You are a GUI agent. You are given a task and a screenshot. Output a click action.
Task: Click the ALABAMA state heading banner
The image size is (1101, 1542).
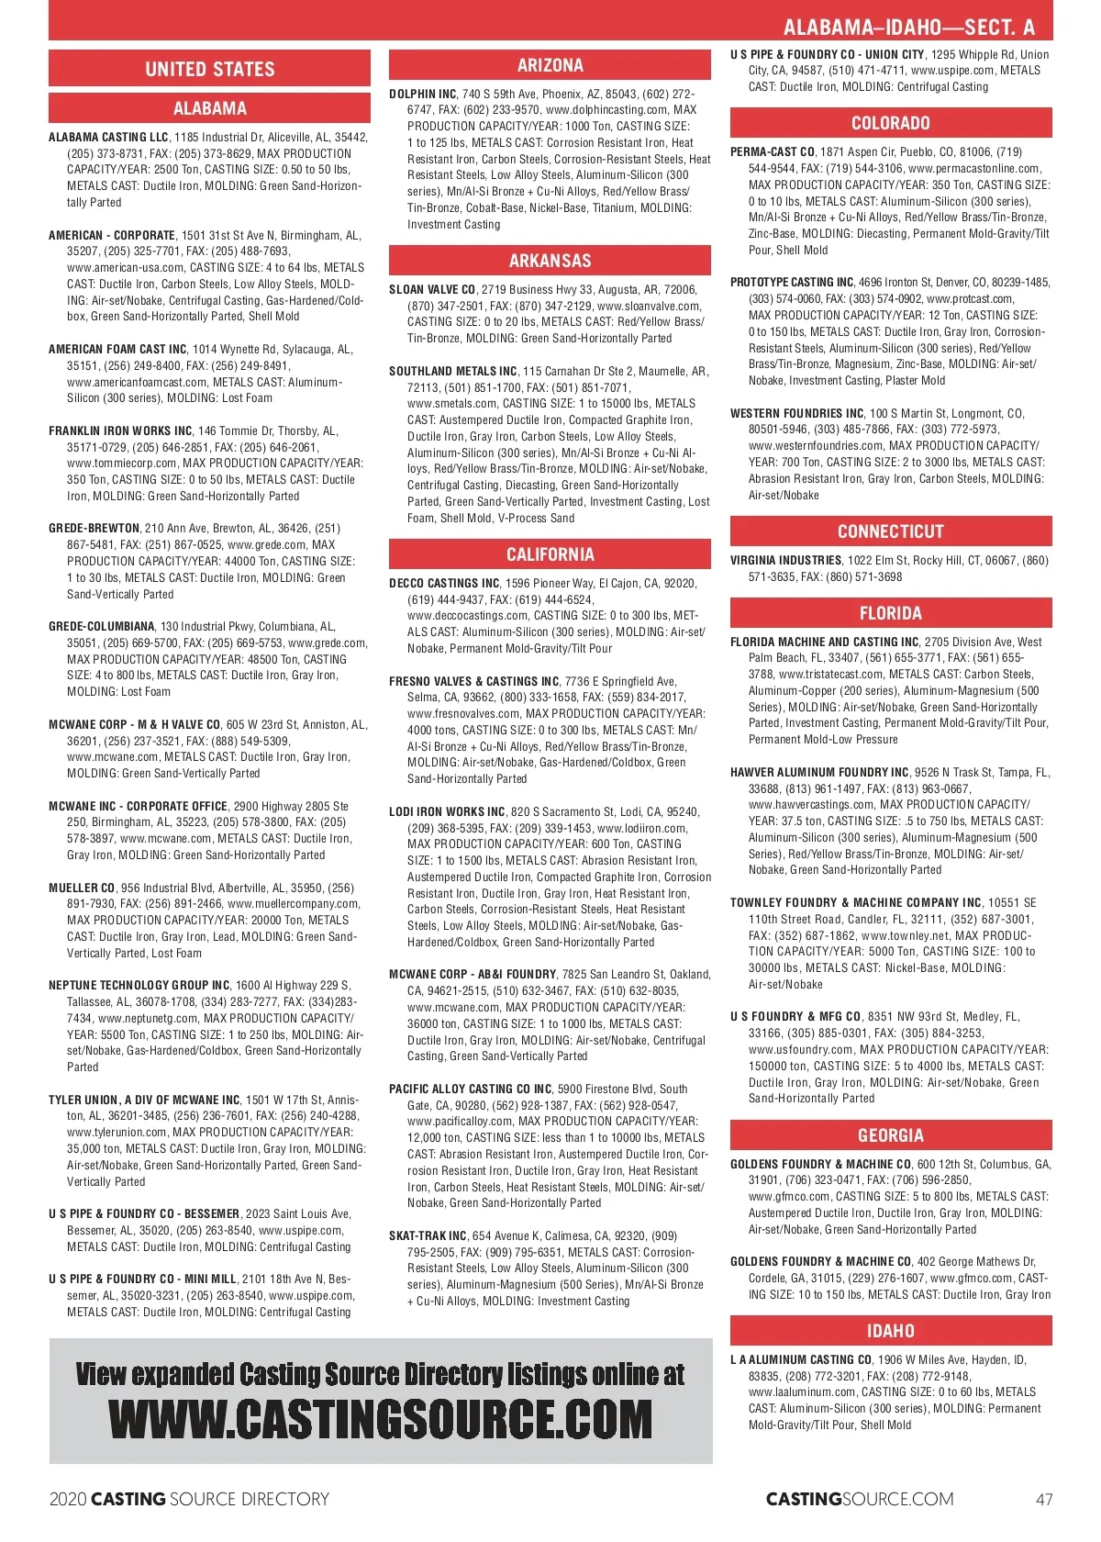[x=209, y=108]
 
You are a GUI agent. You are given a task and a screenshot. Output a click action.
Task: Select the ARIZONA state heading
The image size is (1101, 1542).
[x=550, y=65]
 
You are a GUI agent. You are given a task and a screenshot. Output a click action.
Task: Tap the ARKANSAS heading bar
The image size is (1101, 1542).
[x=550, y=261]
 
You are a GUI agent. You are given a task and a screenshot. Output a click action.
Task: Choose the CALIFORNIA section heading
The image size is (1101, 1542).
[x=550, y=554]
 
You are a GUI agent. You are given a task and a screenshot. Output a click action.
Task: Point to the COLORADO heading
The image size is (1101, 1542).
[x=890, y=123]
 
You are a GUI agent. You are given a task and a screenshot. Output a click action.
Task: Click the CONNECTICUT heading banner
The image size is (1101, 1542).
[x=890, y=531]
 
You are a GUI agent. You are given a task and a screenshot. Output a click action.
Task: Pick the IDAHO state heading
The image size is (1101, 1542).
[x=890, y=1331]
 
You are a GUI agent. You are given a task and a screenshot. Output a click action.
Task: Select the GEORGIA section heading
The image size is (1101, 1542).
[x=890, y=1135]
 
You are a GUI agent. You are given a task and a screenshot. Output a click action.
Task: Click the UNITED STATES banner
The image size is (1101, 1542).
[x=209, y=69]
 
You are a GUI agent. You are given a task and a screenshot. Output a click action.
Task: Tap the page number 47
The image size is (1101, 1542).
[x=1044, y=1500]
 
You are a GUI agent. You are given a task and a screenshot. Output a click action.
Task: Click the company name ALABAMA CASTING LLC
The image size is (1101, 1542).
[x=108, y=138]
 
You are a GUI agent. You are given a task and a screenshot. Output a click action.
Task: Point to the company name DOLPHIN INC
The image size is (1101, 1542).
[x=423, y=95]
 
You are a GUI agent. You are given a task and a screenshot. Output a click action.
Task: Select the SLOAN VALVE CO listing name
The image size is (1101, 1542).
[x=432, y=290]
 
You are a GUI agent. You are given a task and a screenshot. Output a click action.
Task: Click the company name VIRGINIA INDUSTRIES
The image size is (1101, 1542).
[x=785, y=561]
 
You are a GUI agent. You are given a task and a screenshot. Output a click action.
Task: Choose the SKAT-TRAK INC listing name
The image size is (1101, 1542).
[x=428, y=1236]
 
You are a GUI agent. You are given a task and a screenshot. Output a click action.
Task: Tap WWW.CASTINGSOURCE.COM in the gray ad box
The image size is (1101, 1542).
[x=380, y=1420]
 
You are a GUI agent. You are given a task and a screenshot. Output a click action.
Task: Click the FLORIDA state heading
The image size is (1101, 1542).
[x=890, y=613]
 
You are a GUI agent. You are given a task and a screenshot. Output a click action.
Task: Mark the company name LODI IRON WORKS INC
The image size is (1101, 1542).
[x=447, y=812]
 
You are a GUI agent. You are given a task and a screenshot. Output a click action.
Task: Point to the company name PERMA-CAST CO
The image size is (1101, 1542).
[x=772, y=152]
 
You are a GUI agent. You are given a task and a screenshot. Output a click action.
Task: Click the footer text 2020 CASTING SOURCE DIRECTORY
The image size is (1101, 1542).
[x=189, y=1500]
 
